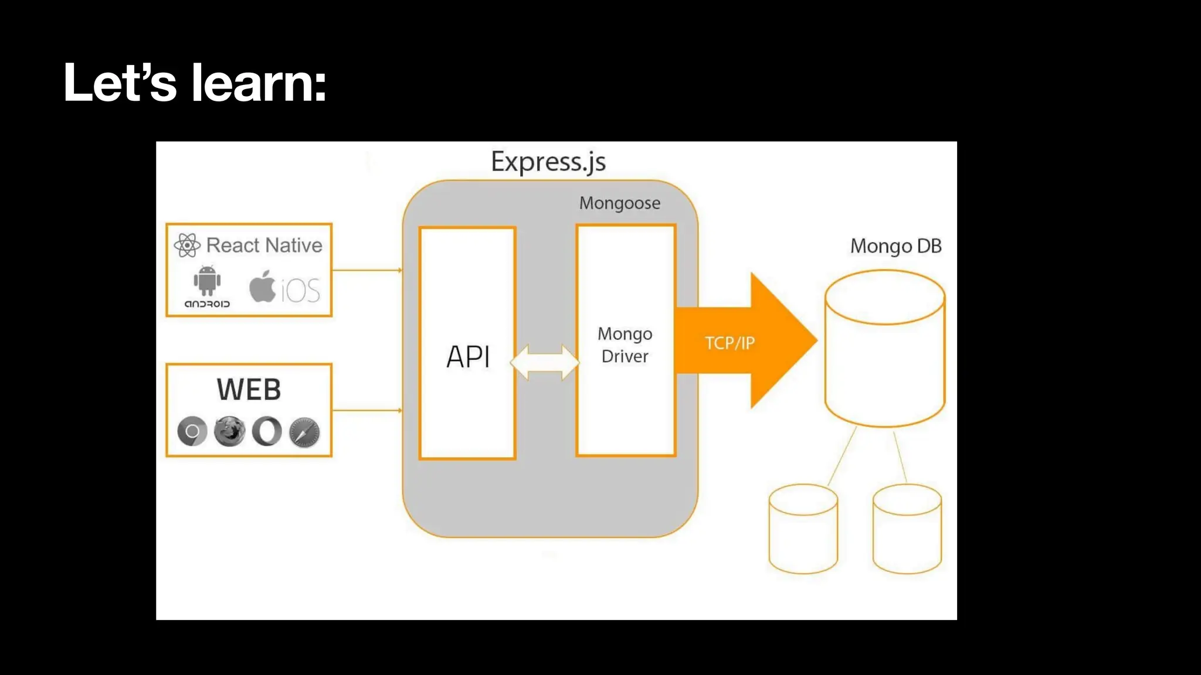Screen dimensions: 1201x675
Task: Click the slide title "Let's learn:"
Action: point(195,83)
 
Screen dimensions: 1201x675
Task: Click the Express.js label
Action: point(548,162)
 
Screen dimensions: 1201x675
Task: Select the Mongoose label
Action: point(620,204)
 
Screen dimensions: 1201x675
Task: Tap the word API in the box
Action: point(468,356)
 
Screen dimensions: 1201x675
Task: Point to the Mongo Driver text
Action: point(625,345)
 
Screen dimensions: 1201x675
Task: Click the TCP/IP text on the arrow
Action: point(730,343)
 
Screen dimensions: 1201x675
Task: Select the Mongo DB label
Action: point(896,246)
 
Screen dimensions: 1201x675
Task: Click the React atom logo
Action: point(187,245)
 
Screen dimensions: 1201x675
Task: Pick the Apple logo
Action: point(262,286)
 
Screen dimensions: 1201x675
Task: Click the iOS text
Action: point(300,290)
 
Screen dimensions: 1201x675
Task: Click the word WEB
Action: point(249,390)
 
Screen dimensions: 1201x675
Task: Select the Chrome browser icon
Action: point(192,432)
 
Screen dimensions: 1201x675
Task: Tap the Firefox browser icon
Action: point(229,432)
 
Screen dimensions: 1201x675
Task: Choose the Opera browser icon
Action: point(267,432)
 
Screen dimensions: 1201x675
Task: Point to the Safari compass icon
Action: point(304,432)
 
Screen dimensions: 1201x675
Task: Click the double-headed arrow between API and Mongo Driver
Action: point(545,363)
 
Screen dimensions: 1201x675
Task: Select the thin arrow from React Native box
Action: point(368,270)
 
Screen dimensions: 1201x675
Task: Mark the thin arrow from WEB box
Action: point(368,410)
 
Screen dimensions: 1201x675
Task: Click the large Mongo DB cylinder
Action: point(885,349)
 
